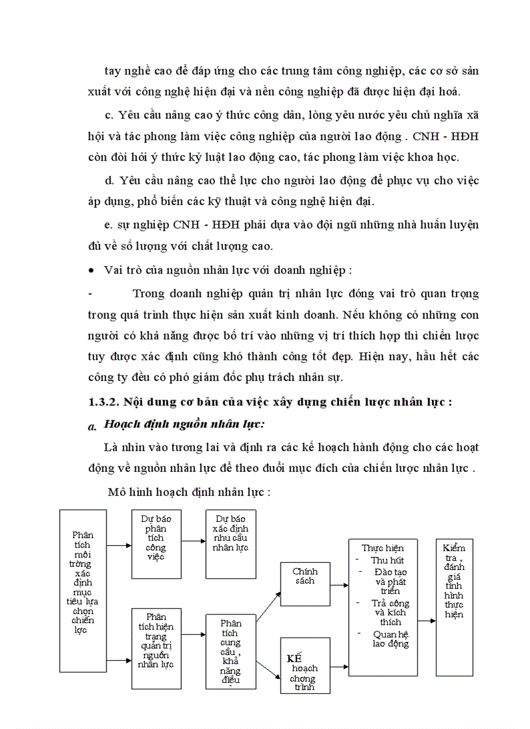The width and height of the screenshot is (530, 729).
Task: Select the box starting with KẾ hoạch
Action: tap(305, 665)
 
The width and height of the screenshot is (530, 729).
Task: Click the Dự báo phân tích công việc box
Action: tap(156, 544)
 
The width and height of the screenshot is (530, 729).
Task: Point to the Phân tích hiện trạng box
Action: tap(156, 647)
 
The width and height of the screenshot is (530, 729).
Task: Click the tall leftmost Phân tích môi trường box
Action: tap(83, 591)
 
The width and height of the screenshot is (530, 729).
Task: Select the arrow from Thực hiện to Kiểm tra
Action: tap(425, 621)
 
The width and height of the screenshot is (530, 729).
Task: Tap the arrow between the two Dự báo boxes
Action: tap(193, 544)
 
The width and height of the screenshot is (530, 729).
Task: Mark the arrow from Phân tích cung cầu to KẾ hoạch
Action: tap(268, 661)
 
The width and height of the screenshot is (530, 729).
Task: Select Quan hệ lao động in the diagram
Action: tap(391, 639)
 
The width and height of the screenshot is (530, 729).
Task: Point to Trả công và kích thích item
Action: tap(391, 612)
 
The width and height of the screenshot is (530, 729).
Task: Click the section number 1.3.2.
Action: tap(105, 401)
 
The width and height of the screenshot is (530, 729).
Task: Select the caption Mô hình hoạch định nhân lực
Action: tap(189, 491)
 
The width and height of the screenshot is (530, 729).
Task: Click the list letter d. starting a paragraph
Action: tap(108, 180)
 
